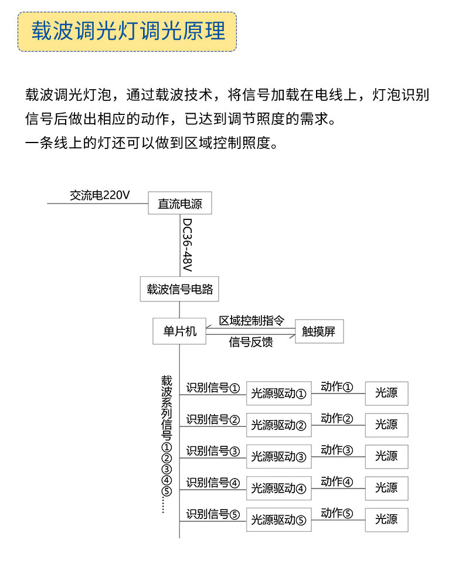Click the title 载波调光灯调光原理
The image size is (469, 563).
tap(128, 31)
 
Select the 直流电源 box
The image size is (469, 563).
tap(180, 204)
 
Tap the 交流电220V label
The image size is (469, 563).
tap(100, 195)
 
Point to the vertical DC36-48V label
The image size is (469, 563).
tap(188, 245)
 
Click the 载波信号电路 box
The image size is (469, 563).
tap(179, 289)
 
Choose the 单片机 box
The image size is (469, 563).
tap(179, 331)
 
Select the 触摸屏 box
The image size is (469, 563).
tap(320, 331)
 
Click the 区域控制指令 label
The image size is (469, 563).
tap(252, 321)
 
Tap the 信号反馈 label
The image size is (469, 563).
tap(251, 342)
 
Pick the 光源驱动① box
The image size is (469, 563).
tap(279, 394)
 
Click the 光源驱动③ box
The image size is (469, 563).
tap(279, 457)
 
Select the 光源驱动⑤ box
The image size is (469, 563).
tap(279, 520)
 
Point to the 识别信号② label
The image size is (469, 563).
tap(213, 419)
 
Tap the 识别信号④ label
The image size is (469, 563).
tap(213, 483)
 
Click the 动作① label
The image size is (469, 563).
tap(337, 387)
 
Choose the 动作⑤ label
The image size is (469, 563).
tap(337, 514)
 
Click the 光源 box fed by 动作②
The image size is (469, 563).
tap(387, 425)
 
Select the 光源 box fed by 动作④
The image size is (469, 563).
tap(387, 489)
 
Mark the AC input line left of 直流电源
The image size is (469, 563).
tap(97, 204)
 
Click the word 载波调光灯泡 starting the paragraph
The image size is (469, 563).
tap(68, 95)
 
